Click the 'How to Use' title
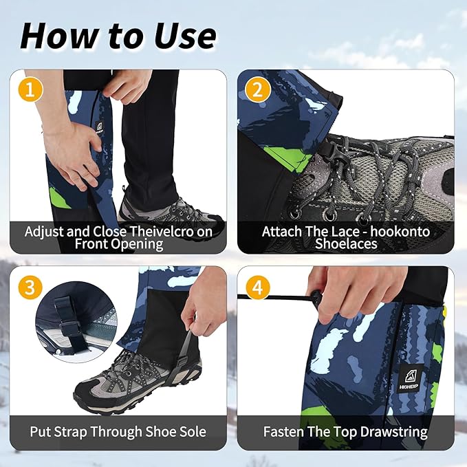[x=118, y=36]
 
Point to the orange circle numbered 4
[x=259, y=287]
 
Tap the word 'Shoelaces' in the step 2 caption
[x=345, y=244]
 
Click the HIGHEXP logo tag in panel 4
[x=411, y=378]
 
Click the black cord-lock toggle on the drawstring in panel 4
[x=316, y=298]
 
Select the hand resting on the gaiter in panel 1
[x=69, y=147]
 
